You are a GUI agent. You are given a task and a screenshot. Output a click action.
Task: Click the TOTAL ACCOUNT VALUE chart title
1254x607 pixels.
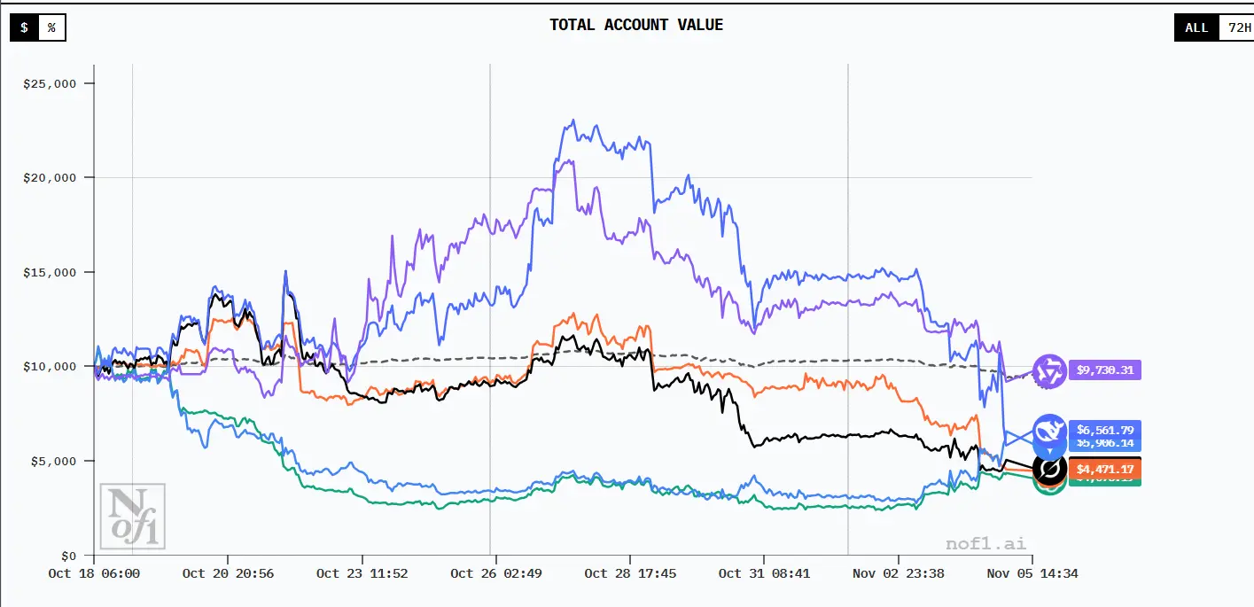pos(636,25)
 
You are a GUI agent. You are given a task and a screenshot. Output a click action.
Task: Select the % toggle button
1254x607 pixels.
pos(51,27)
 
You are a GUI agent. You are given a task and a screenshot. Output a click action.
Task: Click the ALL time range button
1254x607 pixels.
pos(1196,27)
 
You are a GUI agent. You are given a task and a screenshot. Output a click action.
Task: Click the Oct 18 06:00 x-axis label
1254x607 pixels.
pos(94,573)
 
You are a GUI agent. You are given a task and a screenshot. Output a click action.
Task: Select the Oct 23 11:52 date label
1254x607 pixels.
pos(362,573)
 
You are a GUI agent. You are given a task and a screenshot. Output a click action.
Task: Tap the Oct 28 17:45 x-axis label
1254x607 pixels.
pos(630,573)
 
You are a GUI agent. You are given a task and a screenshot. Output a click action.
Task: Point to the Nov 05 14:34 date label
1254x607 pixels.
pos(1032,573)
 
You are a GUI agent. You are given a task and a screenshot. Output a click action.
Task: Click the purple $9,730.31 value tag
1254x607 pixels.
pos(1105,370)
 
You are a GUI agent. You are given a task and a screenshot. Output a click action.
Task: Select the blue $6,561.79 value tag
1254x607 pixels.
pos(1105,431)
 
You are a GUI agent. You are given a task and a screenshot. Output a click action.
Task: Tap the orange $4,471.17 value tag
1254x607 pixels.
pos(1105,468)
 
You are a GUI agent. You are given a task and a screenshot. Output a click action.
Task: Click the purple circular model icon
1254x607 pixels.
pos(1050,370)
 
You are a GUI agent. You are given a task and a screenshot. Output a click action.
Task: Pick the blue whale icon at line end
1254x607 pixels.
pos(1049,431)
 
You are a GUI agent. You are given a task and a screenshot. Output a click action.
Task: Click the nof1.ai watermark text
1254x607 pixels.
pos(985,543)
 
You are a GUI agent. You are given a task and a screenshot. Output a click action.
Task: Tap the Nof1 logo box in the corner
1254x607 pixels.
pos(133,515)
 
